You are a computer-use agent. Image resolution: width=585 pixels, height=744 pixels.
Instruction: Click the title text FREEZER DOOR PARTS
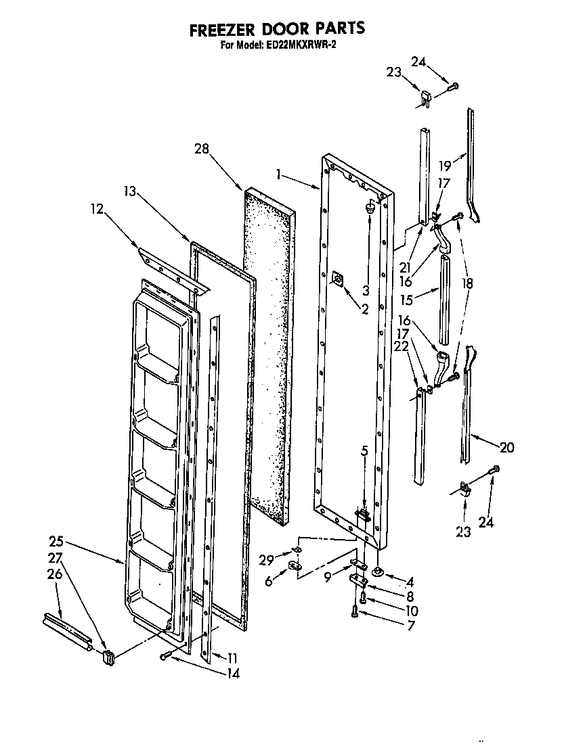click(x=276, y=28)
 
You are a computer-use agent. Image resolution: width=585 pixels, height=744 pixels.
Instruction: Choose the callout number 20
click(x=506, y=447)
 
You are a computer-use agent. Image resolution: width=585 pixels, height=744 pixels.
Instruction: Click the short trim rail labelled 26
click(x=66, y=629)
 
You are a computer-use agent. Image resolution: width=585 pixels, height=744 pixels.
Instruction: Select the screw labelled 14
click(x=167, y=656)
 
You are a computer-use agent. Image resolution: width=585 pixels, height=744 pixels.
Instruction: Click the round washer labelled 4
click(x=377, y=572)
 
